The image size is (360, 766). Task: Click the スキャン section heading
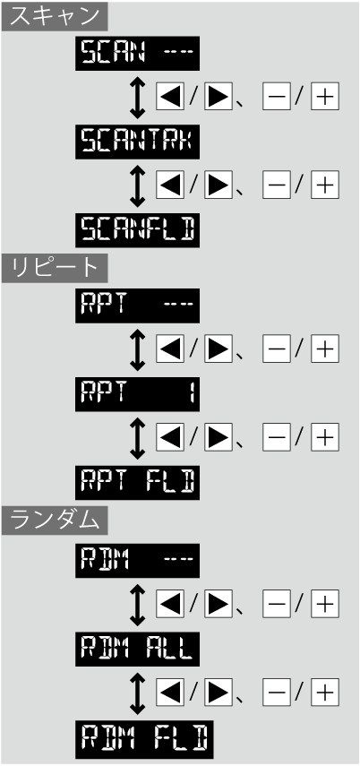click(x=55, y=17)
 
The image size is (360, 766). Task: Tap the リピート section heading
click(x=55, y=268)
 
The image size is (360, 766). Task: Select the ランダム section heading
click(x=55, y=521)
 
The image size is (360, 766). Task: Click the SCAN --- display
click(x=137, y=53)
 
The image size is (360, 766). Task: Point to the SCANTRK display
click(x=137, y=142)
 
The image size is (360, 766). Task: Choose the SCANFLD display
click(x=137, y=229)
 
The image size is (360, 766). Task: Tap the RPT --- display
click(x=137, y=306)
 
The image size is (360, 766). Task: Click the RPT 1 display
click(x=137, y=393)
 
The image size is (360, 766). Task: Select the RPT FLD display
click(x=137, y=482)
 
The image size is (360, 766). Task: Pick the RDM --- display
click(x=137, y=560)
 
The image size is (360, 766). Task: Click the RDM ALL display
click(x=137, y=649)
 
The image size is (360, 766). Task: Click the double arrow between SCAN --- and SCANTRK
click(x=138, y=98)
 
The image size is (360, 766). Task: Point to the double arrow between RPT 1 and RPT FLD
click(x=138, y=438)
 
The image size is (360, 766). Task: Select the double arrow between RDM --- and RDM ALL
click(x=138, y=605)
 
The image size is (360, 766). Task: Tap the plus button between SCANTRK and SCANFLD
click(x=325, y=185)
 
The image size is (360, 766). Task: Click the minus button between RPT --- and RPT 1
click(x=276, y=349)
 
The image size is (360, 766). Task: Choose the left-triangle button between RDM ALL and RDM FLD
click(x=170, y=693)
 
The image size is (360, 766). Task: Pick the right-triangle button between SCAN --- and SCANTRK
click(x=218, y=97)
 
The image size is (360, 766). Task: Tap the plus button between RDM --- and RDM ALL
click(x=325, y=605)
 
